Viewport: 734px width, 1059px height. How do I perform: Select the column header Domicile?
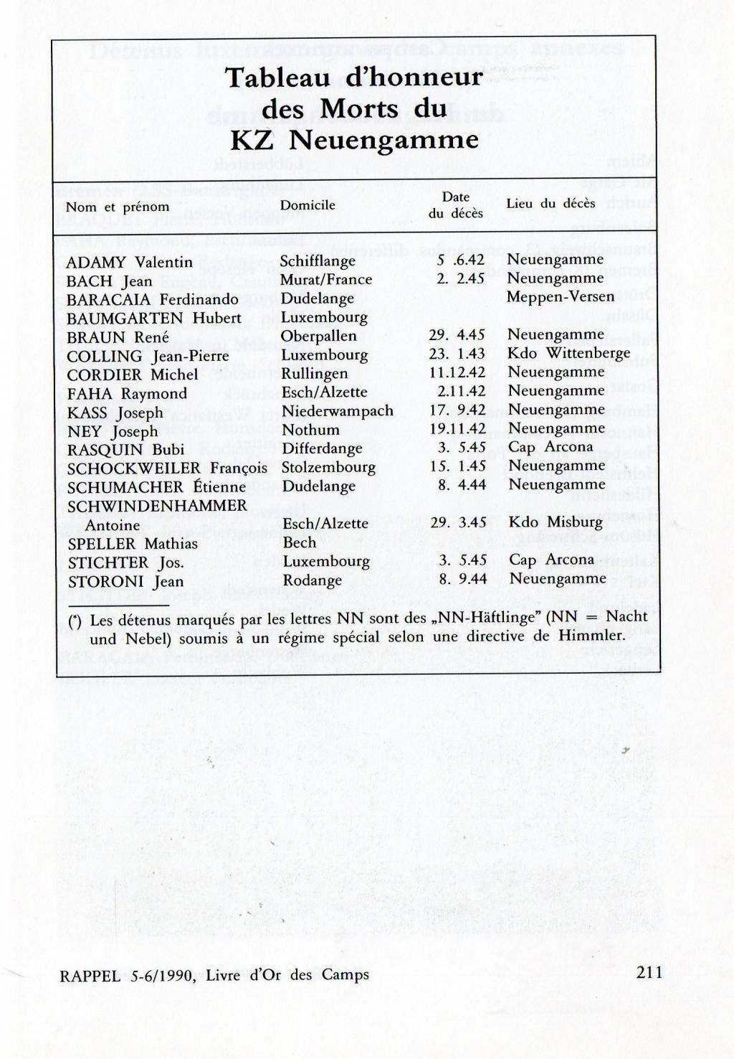pos(308,205)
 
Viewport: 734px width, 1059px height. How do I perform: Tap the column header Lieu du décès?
pos(550,204)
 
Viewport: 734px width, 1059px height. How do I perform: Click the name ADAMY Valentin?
pos(129,263)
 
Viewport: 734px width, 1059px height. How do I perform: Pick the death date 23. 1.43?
pos(457,354)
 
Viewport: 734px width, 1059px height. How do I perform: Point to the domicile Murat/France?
pos(326,280)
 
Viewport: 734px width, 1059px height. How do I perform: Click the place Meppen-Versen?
pos(561,296)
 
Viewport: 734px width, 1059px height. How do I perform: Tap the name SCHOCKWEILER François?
pos(167,469)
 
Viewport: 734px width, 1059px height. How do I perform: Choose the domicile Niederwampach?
pos(338,411)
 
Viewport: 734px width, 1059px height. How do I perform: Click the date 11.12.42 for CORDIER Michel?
pos(457,372)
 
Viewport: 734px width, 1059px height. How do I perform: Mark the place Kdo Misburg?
pos(556,522)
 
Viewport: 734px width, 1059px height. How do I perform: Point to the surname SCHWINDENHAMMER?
pos(157,506)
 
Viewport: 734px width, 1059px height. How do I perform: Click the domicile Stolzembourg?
pos(328,468)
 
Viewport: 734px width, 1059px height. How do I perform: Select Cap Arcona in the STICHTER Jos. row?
pos(551,560)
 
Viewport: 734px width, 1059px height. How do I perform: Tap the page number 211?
pos(648,972)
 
